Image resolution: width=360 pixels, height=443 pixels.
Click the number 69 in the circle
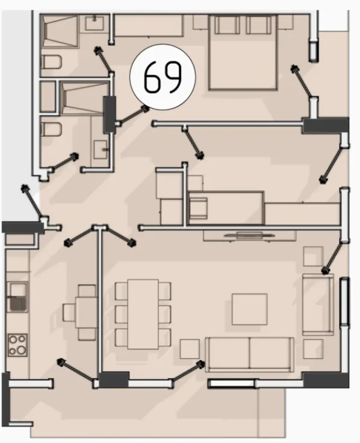click(x=163, y=77)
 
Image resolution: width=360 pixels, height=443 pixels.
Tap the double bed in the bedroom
click(x=243, y=52)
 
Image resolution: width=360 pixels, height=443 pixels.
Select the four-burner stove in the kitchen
click(x=17, y=345)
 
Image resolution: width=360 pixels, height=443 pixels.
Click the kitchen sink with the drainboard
click(x=18, y=297)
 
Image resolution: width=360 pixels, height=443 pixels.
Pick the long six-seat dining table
click(x=143, y=314)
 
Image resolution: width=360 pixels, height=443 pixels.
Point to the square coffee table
click(x=250, y=309)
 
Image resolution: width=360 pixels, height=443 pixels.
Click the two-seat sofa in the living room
click(x=250, y=354)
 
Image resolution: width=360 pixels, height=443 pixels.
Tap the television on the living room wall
click(x=249, y=235)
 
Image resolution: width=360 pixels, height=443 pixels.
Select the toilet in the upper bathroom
click(x=51, y=62)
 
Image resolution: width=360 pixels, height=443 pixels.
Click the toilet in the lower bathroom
click(x=51, y=130)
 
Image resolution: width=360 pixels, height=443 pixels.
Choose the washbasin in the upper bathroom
click(x=95, y=23)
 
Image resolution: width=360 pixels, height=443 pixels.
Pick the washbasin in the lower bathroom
click(x=101, y=149)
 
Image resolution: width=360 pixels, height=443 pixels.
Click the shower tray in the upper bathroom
click(x=59, y=31)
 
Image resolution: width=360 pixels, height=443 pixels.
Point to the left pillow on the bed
click(x=227, y=25)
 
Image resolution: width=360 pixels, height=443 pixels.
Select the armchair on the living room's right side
click(x=318, y=304)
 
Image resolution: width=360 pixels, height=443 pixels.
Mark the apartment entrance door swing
click(x=32, y=201)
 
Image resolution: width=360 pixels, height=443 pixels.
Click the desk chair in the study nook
click(x=199, y=208)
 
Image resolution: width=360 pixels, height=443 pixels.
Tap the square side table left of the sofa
click(x=190, y=349)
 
